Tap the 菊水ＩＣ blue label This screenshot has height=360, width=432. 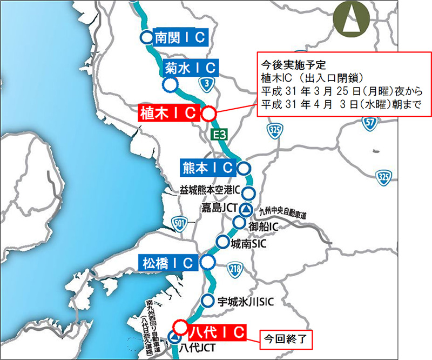click(191, 68)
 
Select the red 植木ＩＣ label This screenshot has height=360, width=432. click(170, 113)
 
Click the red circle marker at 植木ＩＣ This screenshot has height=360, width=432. click(208, 114)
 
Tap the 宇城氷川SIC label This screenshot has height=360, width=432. click(245, 301)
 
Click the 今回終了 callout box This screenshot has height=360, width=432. click(286, 339)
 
